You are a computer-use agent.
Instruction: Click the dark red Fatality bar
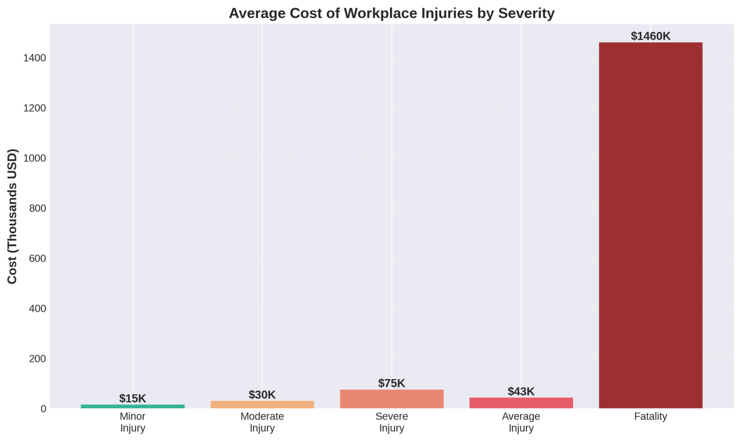pyautogui.click(x=650, y=225)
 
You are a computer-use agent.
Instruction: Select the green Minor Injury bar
pyautogui.click(x=133, y=406)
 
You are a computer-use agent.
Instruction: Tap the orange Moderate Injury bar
pyautogui.click(x=262, y=405)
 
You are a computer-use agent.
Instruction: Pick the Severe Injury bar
pyautogui.click(x=392, y=399)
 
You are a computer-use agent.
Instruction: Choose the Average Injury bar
pyautogui.click(x=521, y=403)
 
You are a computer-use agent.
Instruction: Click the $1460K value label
pyautogui.click(x=650, y=36)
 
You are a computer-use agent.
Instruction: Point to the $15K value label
pyautogui.click(x=133, y=399)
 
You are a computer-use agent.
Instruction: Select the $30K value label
pyautogui.click(x=262, y=395)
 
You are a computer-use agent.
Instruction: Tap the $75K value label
pyautogui.click(x=392, y=384)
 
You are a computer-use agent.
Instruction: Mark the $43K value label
pyautogui.click(x=521, y=391)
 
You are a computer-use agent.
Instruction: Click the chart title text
pyautogui.click(x=392, y=13)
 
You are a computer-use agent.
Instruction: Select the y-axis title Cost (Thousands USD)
pyautogui.click(x=12, y=216)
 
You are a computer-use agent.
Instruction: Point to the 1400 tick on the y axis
pyautogui.click(x=35, y=58)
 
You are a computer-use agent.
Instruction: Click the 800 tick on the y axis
pyautogui.click(x=37, y=208)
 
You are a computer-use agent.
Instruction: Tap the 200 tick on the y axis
pyautogui.click(x=37, y=358)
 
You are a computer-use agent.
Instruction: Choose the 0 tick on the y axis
pyautogui.click(x=43, y=409)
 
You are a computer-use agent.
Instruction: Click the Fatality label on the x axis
pyautogui.click(x=650, y=416)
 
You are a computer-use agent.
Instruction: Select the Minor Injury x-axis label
pyautogui.click(x=133, y=422)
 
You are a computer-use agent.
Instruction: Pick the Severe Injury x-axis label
pyautogui.click(x=392, y=422)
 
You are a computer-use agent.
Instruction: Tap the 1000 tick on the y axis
pyautogui.click(x=35, y=158)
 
